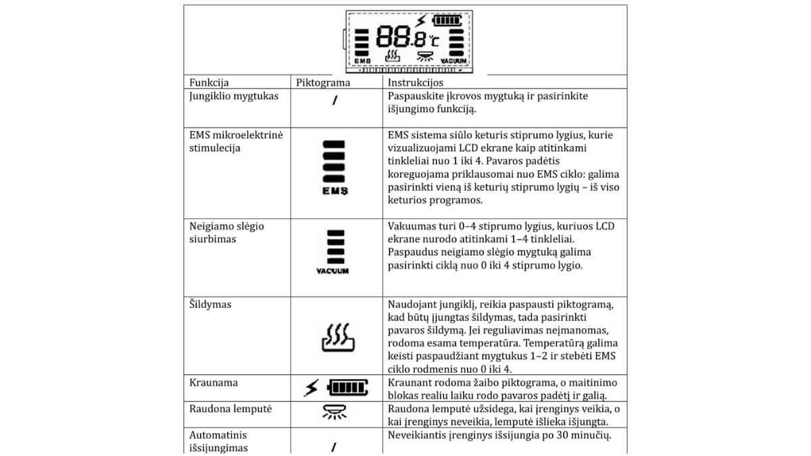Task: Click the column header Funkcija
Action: [209, 83]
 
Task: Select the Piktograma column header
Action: [323, 83]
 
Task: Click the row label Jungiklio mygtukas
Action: [234, 96]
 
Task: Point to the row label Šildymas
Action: [210, 305]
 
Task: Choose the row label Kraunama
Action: [213, 383]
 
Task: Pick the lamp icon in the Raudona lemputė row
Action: [336, 411]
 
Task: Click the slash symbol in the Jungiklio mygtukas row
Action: [335, 102]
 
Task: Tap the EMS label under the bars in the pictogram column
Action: [336, 191]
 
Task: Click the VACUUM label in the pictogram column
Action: [333, 271]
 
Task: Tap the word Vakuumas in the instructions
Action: [413, 226]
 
